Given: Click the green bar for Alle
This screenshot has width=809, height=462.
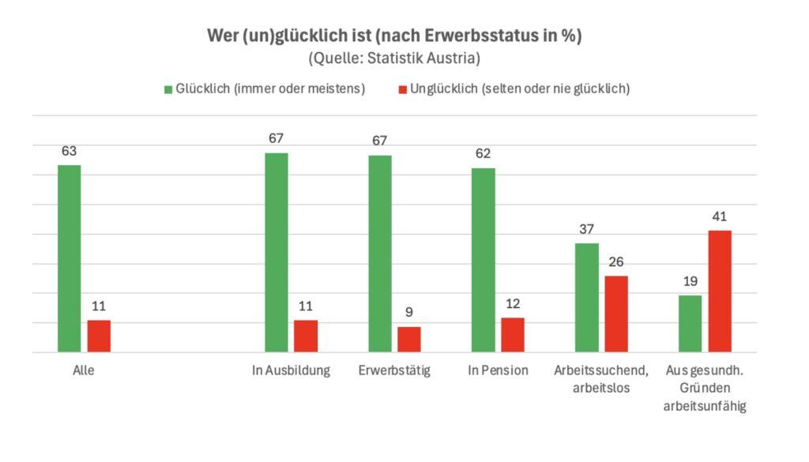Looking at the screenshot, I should (70, 258).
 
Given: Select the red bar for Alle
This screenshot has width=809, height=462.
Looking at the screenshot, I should (99, 336).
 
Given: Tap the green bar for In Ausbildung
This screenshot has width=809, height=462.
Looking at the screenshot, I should (277, 252).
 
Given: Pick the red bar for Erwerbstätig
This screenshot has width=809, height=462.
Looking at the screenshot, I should (409, 339).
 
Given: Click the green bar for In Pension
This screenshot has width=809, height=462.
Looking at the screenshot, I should (484, 260).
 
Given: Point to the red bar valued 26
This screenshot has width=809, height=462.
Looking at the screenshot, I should (616, 314).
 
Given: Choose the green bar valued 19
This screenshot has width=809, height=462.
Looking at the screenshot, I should (690, 323).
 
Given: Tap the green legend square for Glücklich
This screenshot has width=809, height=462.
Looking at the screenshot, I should (168, 89).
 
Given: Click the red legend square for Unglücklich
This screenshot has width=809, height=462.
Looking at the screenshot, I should (402, 89).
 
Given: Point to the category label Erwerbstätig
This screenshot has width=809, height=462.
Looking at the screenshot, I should (394, 370).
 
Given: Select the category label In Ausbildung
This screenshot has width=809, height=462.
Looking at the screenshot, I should (291, 370).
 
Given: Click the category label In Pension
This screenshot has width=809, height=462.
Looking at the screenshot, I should (498, 370).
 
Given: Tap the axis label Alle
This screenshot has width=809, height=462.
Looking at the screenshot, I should (83, 370).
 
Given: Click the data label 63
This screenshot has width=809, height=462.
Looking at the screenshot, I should (69, 150).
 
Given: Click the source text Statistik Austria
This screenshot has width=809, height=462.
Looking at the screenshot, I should (427, 58).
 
